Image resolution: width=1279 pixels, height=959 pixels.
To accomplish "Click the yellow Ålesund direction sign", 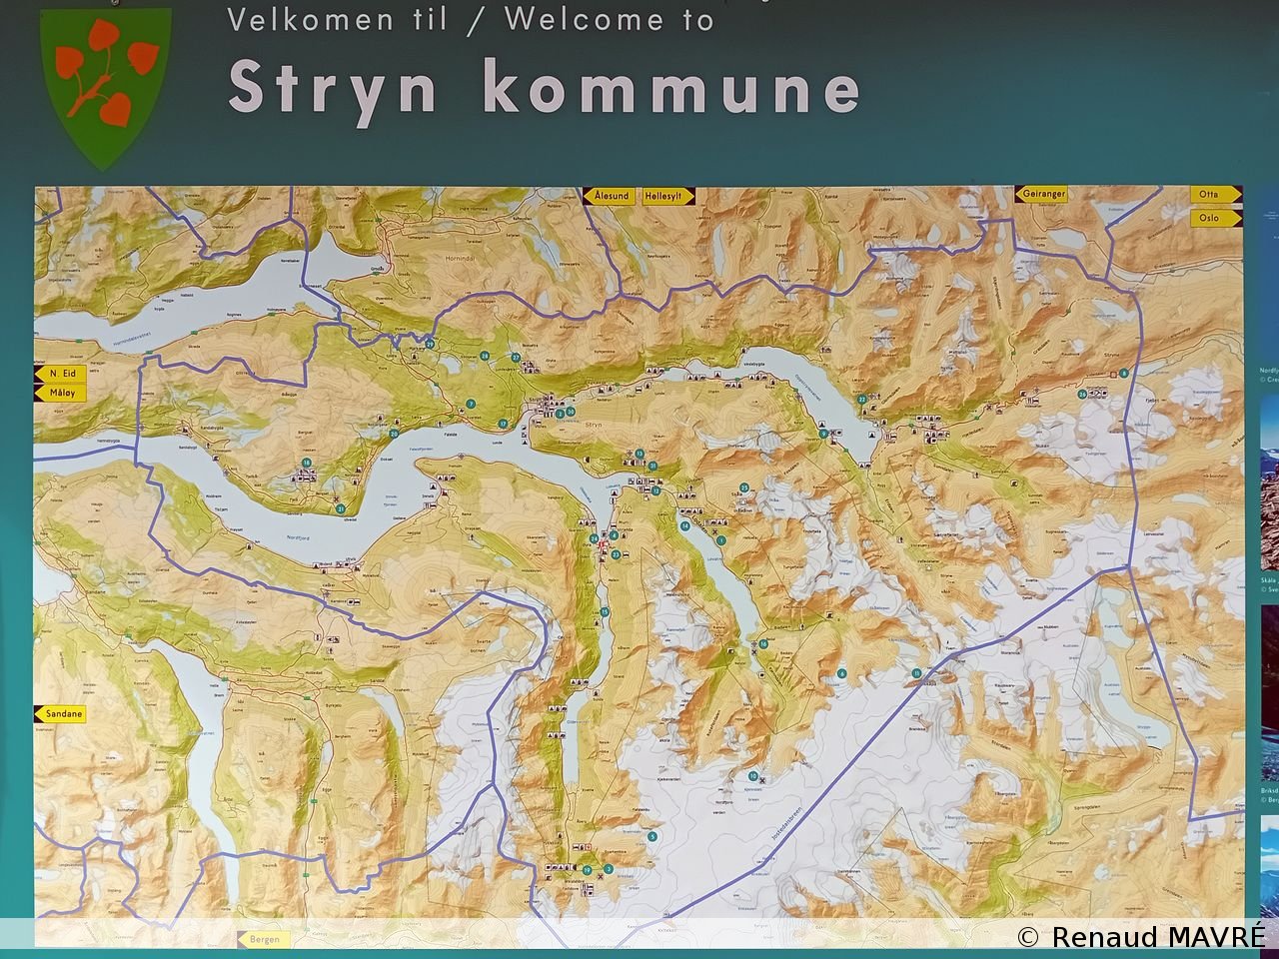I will click(610, 196).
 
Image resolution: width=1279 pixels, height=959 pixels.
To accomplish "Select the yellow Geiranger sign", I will click(1043, 195).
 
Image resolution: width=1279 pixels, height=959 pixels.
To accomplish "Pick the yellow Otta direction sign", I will click(1213, 194).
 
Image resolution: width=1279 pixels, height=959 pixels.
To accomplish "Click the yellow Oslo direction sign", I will click(1213, 217).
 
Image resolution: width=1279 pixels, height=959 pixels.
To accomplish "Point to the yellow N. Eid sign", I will click(61, 374).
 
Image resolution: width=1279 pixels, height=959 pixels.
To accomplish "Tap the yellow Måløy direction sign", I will click(61, 393).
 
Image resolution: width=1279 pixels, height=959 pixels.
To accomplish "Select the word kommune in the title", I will click(671, 88).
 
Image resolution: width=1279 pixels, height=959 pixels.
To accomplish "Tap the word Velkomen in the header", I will click(310, 19).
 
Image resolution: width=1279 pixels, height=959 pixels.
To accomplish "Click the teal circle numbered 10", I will click(684, 525).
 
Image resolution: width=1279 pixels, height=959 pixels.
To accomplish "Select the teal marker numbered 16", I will click(763, 644).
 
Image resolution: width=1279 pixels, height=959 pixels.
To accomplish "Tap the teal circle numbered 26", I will click(1082, 394).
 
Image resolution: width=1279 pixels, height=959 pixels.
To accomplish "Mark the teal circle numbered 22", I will click(861, 399).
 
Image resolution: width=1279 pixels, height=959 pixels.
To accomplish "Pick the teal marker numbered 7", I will click(470, 404).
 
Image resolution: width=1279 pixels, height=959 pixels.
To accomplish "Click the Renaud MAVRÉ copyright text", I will click(1142, 936).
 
